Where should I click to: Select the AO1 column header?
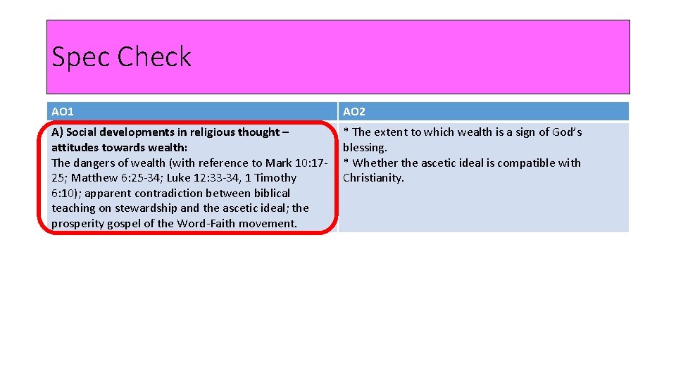[63, 112]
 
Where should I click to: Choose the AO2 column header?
[354, 112]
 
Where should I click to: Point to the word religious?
[212, 132]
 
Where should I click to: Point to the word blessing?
[364, 148]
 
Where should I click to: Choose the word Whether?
[376, 163]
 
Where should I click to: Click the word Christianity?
[373, 178]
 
